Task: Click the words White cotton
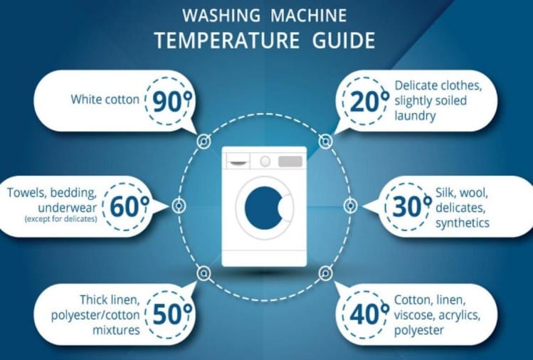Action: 105,100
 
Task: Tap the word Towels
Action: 27,193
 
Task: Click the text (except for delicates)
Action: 61,219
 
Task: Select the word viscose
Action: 414,315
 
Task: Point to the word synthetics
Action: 463,223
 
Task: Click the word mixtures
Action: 116,330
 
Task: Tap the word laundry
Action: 415,116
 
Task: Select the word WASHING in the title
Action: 221,16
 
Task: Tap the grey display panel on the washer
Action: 290,162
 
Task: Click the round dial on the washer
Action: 265,161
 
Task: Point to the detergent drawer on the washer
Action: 238,161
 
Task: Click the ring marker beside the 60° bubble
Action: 179,206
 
